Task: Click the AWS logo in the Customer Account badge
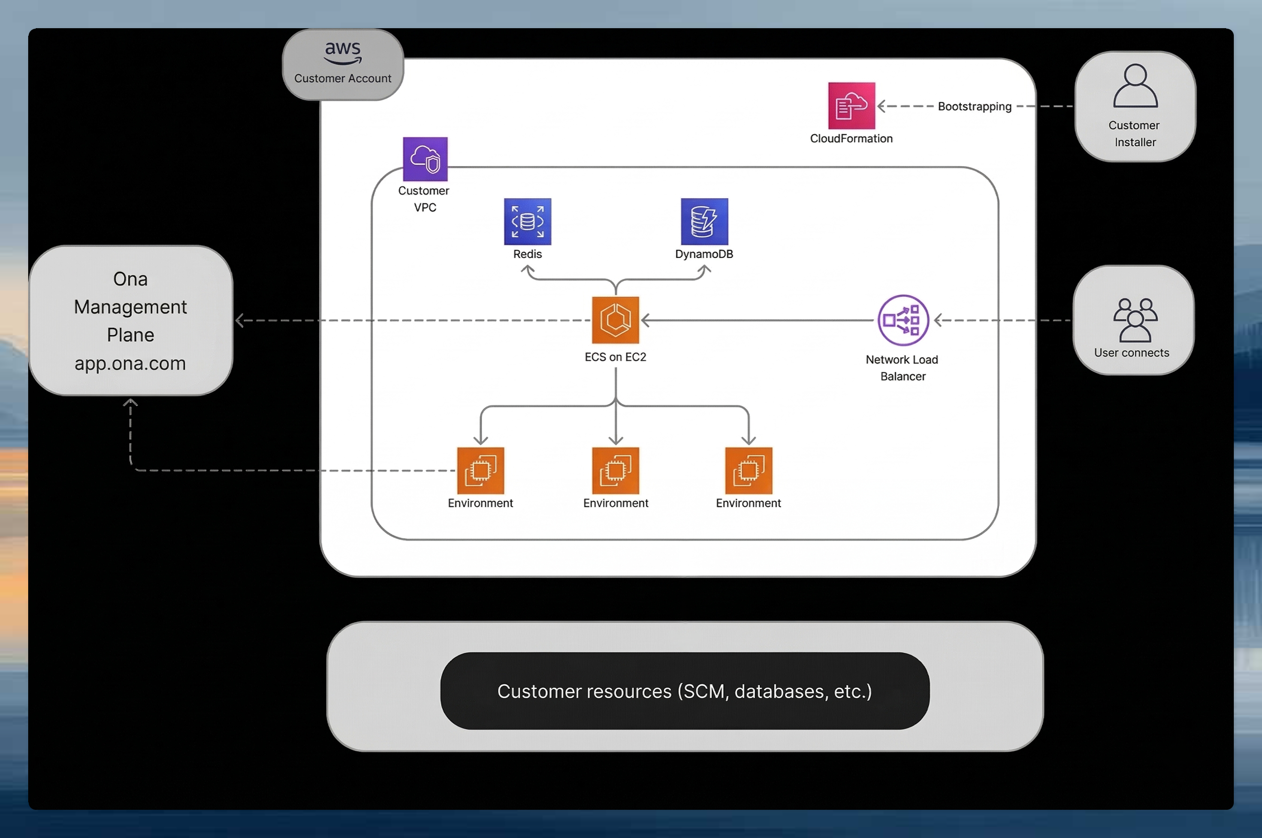coord(343,53)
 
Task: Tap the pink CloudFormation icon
coord(851,105)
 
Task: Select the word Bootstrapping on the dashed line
coord(974,106)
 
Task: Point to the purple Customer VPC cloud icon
coord(425,159)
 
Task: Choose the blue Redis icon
coord(527,221)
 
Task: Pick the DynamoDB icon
coord(704,221)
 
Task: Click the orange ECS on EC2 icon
coord(615,319)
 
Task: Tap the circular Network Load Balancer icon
coord(903,320)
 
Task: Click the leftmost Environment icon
coord(480,470)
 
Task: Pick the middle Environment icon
coord(615,470)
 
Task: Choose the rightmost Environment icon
coord(748,470)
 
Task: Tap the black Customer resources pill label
coord(684,691)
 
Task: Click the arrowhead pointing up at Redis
coord(528,270)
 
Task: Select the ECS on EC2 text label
coord(615,357)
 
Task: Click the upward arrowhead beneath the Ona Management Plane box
coord(131,403)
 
